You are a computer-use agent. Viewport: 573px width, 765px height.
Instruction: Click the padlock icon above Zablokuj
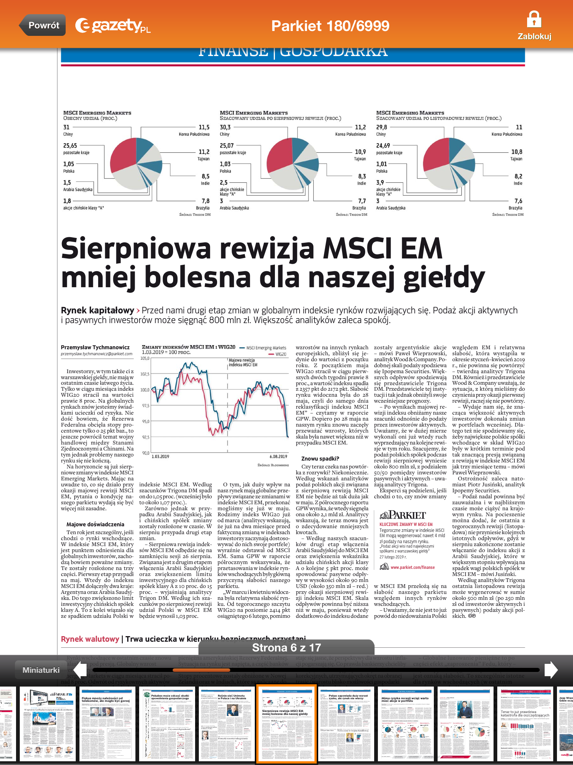coord(534,19)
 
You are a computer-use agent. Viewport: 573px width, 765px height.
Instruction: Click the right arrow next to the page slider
coord(551,669)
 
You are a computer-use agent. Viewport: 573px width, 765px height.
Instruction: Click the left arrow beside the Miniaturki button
coord(80,669)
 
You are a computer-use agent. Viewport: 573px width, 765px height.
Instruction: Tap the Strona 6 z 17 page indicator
coord(286,647)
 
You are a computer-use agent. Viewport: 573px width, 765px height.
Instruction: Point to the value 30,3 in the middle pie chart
coord(225,127)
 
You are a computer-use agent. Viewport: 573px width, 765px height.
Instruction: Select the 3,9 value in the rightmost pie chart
coord(380,183)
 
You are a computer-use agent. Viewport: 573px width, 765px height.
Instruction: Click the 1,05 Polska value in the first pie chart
coord(69,164)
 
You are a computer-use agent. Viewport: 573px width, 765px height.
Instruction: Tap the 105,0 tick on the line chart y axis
coord(145,358)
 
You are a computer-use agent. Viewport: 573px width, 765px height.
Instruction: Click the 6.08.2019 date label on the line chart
coord(278,456)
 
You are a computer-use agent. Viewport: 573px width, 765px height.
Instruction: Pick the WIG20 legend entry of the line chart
coord(281,354)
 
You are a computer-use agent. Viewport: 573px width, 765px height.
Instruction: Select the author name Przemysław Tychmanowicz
coord(95,347)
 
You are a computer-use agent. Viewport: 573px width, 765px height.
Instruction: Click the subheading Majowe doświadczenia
coord(95,524)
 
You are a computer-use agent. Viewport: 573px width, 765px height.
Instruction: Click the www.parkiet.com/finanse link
coord(413,567)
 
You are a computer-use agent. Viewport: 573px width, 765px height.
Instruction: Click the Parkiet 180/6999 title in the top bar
coord(330,26)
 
